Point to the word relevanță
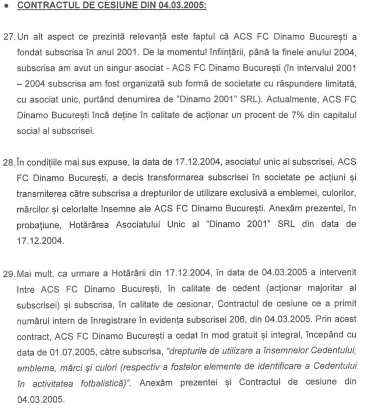pyautogui.click(x=151, y=37)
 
